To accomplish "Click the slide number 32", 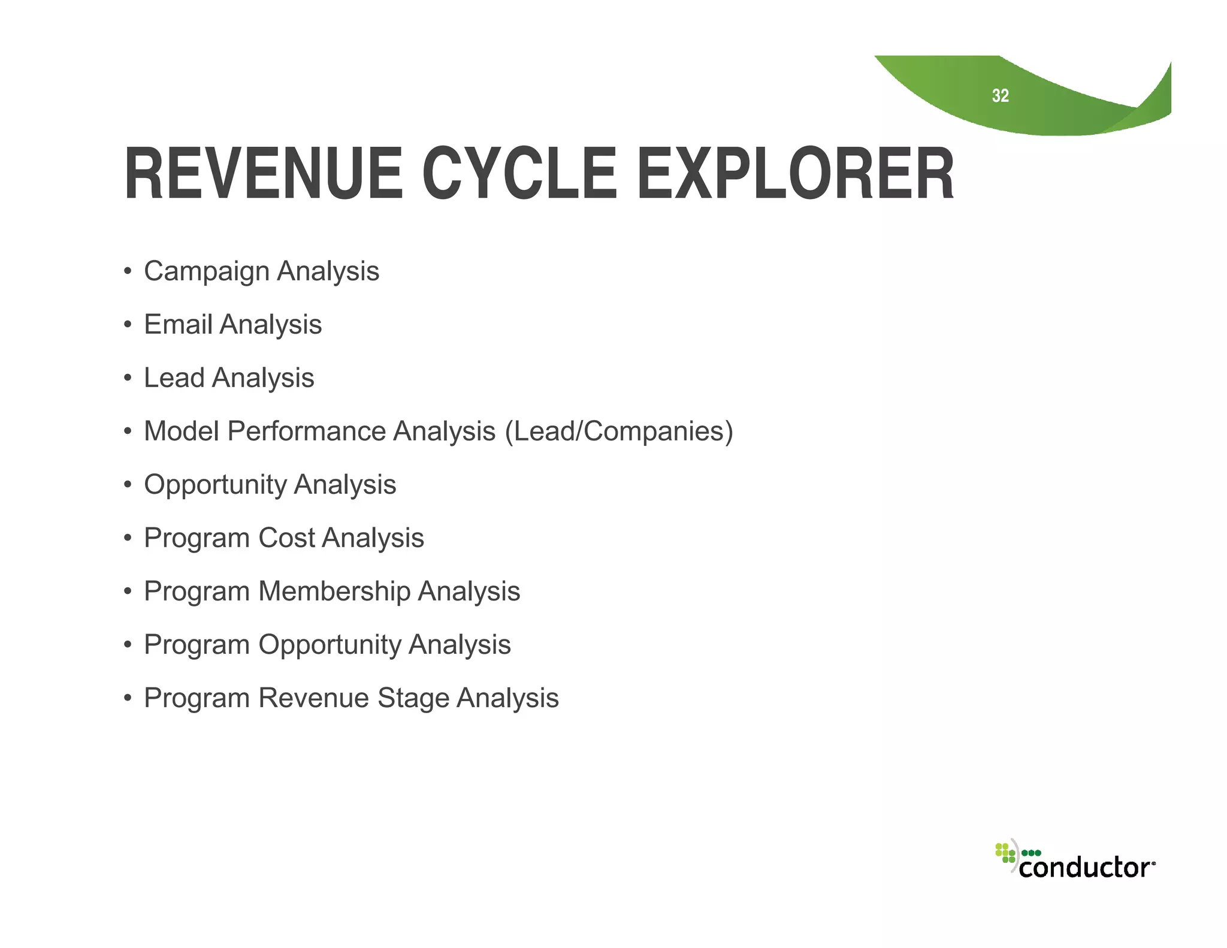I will (1000, 96).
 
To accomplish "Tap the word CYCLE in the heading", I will (519, 174).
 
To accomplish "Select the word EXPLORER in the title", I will (795, 174).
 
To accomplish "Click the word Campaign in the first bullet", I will (207, 271).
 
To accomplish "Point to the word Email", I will (178, 325).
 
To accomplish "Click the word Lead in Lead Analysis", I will (174, 378).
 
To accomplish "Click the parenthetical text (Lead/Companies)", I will (619, 431).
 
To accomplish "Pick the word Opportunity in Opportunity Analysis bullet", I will (215, 485).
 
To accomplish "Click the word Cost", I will (286, 538).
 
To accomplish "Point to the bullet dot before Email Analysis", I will (127, 325).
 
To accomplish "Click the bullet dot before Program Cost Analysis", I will (127, 539).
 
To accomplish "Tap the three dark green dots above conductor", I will (1031, 853).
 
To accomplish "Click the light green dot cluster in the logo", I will (1005, 853).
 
